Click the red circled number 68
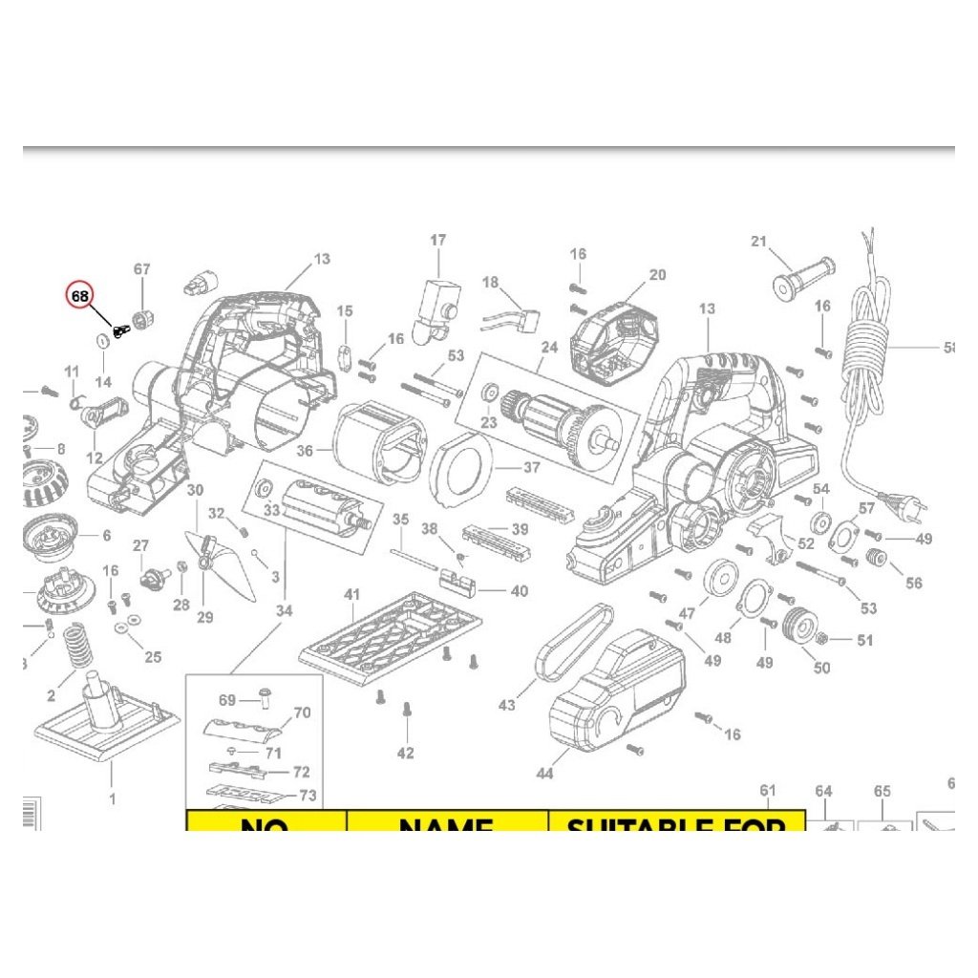coord(79,297)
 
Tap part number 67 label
coord(142,270)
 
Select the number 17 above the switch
coord(437,241)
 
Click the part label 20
coord(657,275)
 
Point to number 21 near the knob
coord(759,242)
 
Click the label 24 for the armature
coord(548,349)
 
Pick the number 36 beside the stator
coord(305,451)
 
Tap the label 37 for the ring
coord(531,468)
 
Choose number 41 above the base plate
coord(352,596)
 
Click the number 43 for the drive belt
coord(506,705)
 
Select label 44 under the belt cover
coord(544,774)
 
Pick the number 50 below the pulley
coord(821,668)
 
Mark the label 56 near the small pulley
coord(914,583)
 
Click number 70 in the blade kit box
coord(302,712)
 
